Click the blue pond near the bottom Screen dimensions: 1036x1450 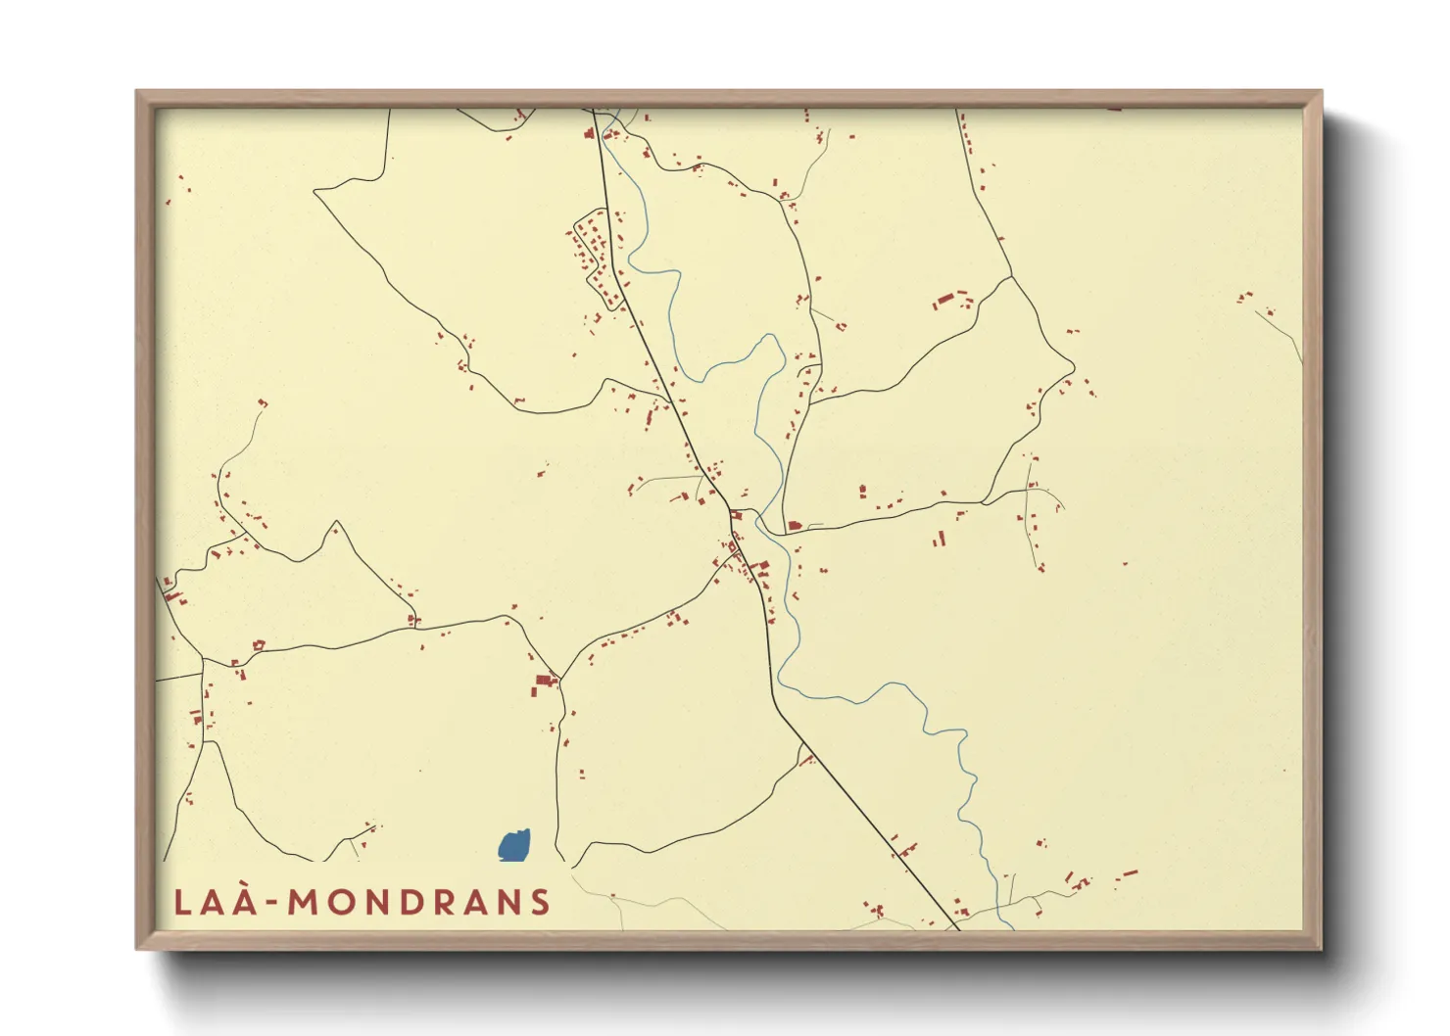[514, 845]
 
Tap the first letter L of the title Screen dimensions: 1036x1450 [182, 902]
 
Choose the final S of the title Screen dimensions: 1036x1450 [540, 902]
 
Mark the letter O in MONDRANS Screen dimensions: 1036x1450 [339, 902]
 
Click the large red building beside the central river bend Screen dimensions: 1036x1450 [795, 526]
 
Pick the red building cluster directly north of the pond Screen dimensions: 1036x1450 [542, 683]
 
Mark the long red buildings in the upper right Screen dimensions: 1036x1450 [946, 299]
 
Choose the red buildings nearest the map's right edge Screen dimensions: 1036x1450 [1245, 296]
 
